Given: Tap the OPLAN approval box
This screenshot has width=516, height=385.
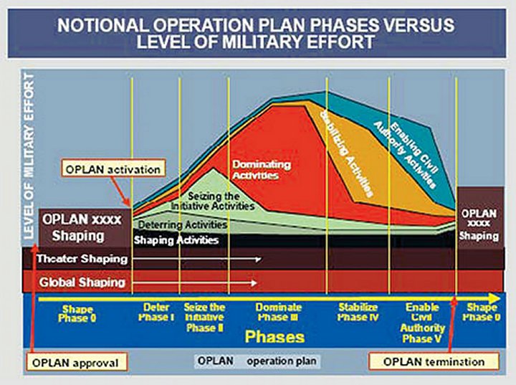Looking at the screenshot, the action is [77, 362].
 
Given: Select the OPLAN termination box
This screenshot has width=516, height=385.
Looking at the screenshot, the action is [434, 361].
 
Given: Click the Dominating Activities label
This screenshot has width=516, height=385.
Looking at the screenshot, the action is [262, 170].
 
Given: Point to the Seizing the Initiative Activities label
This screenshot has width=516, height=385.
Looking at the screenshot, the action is [213, 201].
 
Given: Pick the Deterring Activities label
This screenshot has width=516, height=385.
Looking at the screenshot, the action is [183, 224].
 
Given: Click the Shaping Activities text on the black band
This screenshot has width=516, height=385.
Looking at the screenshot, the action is [176, 240].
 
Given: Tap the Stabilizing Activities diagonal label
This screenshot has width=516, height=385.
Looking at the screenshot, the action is [348, 153].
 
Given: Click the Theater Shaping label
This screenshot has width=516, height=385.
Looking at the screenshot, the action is [82, 259].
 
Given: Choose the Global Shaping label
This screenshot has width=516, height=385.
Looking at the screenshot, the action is [82, 282].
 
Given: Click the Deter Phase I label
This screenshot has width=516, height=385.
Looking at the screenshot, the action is [156, 312].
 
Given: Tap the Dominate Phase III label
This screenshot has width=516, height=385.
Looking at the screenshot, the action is [278, 312].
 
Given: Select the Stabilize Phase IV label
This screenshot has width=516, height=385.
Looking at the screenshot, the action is [358, 312].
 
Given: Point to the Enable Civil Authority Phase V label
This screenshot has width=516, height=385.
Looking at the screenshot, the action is [422, 323].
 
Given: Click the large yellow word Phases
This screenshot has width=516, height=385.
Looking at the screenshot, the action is [274, 336].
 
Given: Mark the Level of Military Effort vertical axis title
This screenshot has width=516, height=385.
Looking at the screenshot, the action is [29, 157].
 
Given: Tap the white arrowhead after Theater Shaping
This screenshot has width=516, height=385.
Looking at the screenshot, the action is [259, 260].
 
